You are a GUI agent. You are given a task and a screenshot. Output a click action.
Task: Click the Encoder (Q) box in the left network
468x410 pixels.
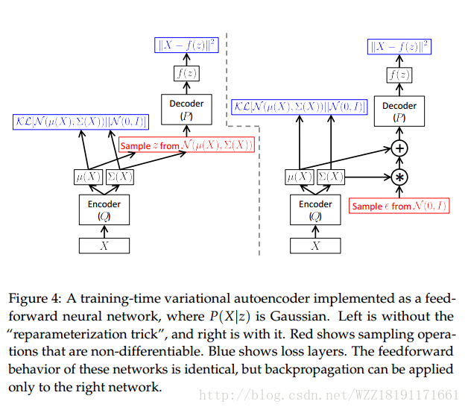coord(104,209)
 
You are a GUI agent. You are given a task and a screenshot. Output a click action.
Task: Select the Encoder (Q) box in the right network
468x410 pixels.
coord(315,209)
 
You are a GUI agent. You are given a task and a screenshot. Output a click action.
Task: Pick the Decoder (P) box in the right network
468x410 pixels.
coord(399,111)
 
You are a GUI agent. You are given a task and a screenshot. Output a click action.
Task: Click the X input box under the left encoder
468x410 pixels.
coord(104,245)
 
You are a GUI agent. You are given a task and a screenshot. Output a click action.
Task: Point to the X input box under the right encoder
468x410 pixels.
coord(315,245)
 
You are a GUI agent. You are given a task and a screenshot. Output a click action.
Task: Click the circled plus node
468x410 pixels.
coord(400,148)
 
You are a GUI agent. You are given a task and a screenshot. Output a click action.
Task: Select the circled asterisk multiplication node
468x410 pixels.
coord(400,177)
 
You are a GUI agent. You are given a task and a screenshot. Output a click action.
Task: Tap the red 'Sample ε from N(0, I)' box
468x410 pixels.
coord(399,206)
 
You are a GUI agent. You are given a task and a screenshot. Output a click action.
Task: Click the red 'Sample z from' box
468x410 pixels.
coord(186,145)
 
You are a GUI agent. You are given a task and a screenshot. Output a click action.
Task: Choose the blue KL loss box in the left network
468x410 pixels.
coord(80,122)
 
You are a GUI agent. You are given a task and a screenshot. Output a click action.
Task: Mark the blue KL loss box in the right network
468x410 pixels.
coord(300,107)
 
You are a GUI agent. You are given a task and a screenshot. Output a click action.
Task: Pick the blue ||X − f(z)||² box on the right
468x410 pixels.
coord(400,47)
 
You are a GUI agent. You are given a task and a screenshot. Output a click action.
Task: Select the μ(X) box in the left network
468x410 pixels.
coord(89,177)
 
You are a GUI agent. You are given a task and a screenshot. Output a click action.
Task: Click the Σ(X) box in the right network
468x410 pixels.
coord(331,177)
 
